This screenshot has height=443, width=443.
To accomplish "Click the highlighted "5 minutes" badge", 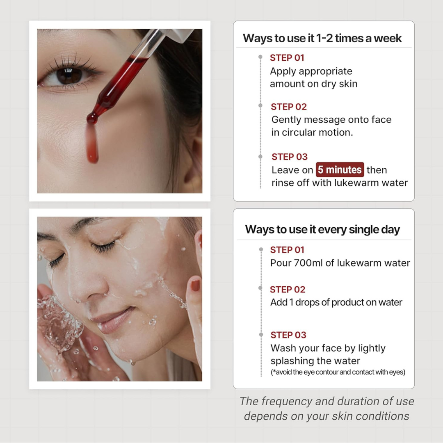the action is [x=340, y=169].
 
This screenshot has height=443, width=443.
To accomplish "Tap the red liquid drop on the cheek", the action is [x=92, y=144].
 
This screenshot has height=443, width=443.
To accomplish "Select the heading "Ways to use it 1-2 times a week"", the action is [x=322, y=38].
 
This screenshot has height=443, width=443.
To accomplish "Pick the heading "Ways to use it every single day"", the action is [x=322, y=229].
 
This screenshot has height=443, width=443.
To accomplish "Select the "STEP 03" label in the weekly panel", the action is [x=289, y=157].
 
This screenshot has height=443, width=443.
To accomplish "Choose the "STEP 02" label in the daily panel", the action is [x=287, y=289].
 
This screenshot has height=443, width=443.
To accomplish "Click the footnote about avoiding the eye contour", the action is [x=338, y=372].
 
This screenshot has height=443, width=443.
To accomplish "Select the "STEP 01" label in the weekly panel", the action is [x=287, y=58].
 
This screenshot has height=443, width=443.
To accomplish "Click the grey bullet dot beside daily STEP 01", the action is [x=261, y=249].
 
